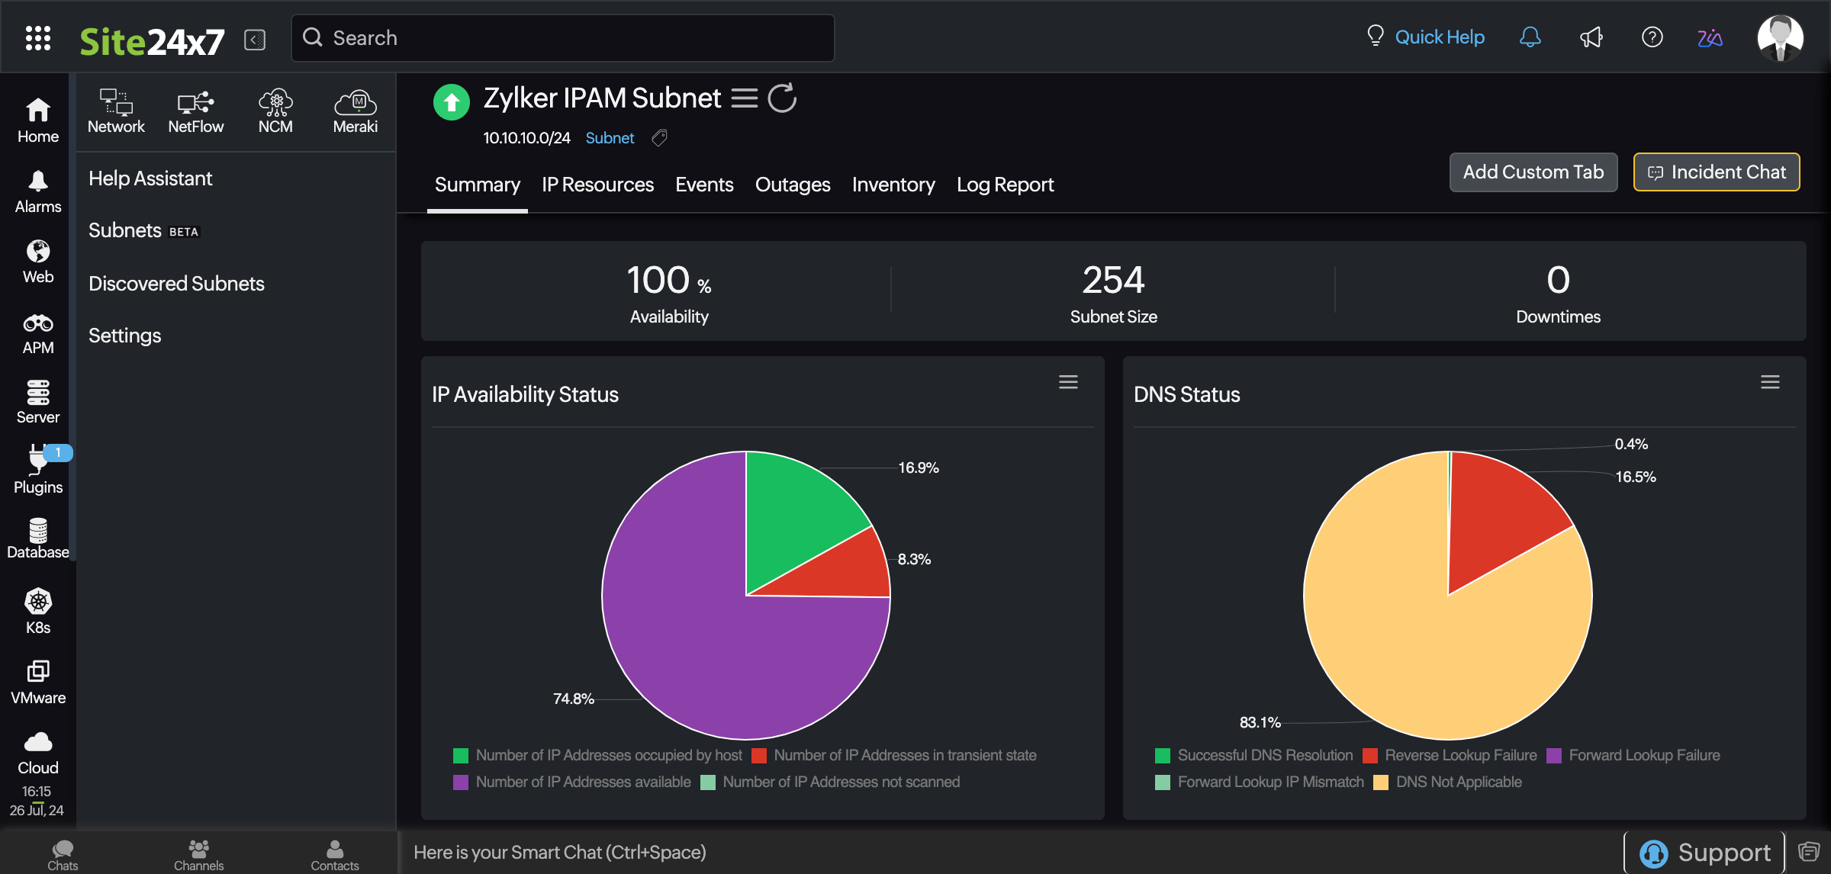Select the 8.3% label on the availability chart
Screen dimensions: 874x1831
coord(914,559)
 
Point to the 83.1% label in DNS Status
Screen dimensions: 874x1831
coord(1259,722)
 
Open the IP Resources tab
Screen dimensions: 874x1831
coord(597,185)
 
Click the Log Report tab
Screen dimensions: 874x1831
coord(1005,185)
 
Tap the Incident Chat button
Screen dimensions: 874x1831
coord(1717,172)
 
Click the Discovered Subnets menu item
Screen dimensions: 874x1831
coord(176,284)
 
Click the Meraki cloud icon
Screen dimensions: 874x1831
coord(355,102)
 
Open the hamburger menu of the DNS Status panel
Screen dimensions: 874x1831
coord(1770,382)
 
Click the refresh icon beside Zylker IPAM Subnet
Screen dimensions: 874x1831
coord(782,98)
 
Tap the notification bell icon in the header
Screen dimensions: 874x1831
coord(1530,37)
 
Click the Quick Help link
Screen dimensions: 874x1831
coord(1439,37)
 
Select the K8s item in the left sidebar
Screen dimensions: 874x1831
coord(38,611)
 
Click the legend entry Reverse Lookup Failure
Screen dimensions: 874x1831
coord(1460,755)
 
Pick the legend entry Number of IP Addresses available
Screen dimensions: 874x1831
coord(583,782)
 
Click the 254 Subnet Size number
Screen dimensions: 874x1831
coord(1113,280)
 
